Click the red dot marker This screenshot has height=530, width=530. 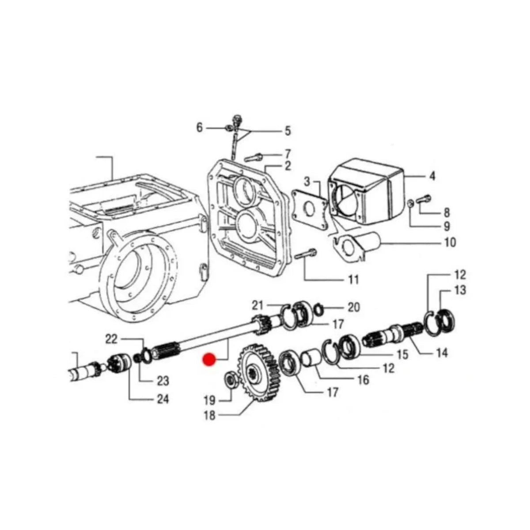coord(208,360)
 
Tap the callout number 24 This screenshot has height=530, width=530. coord(162,399)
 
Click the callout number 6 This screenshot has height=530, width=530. coord(200,128)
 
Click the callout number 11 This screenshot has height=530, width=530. coord(353,280)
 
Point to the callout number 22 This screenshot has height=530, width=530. coord(112,339)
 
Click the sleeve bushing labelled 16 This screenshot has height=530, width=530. coord(314,358)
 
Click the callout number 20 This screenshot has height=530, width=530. coord(353,307)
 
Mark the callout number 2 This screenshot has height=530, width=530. coord(288,166)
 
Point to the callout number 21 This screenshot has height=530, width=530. coord(257,305)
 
